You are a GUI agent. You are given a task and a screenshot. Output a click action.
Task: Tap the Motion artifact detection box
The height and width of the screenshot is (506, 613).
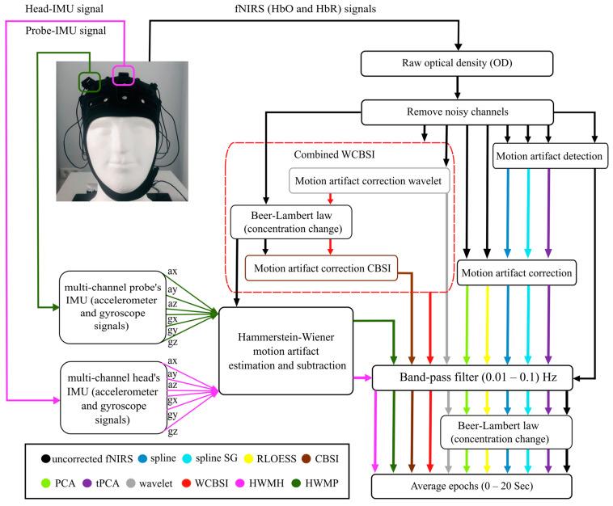(x=550, y=155)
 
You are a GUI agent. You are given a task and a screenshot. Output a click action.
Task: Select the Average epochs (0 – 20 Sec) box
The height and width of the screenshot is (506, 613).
(x=471, y=487)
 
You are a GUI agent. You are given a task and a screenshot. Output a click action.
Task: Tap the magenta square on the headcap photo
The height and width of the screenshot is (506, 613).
(x=123, y=76)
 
